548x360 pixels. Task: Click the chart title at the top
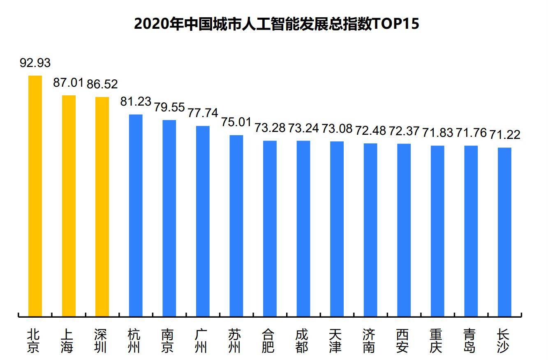pyautogui.click(x=276, y=24)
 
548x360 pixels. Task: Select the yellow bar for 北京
pyautogui.click(x=35, y=196)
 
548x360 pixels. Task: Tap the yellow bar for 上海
pyautogui.click(x=69, y=205)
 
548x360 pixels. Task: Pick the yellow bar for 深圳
pyautogui.click(x=102, y=207)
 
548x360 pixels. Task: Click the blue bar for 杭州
pyautogui.click(x=136, y=215)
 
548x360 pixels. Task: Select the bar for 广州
pyautogui.click(x=203, y=221)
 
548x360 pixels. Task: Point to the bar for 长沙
pyautogui.click(x=504, y=232)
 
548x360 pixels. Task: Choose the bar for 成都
pyautogui.click(x=303, y=228)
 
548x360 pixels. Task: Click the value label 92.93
pyautogui.click(x=35, y=63)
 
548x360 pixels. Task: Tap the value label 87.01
pyautogui.click(x=68, y=83)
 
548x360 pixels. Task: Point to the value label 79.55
pyautogui.click(x=169, y=107)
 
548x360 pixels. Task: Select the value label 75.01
pyautogui.click(x=236, y=122)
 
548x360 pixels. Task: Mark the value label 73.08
pyautogui.click(x=337, y=129)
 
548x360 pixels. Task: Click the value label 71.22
pyautogui.click(x=505, y=135)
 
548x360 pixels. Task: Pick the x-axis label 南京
pyautogui.click(x=169, y=341)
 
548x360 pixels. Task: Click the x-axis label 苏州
pyautogui.click(x=236, y=341)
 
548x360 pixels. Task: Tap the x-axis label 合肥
pyautogui.click(x=270, y=341)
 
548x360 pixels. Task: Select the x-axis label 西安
pyautogui.click(x=404, y=341)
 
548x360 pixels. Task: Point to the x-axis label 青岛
pyautogui.click(x=471, y=341)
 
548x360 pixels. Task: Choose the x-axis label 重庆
pyautogui.click(x=437, y=341)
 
